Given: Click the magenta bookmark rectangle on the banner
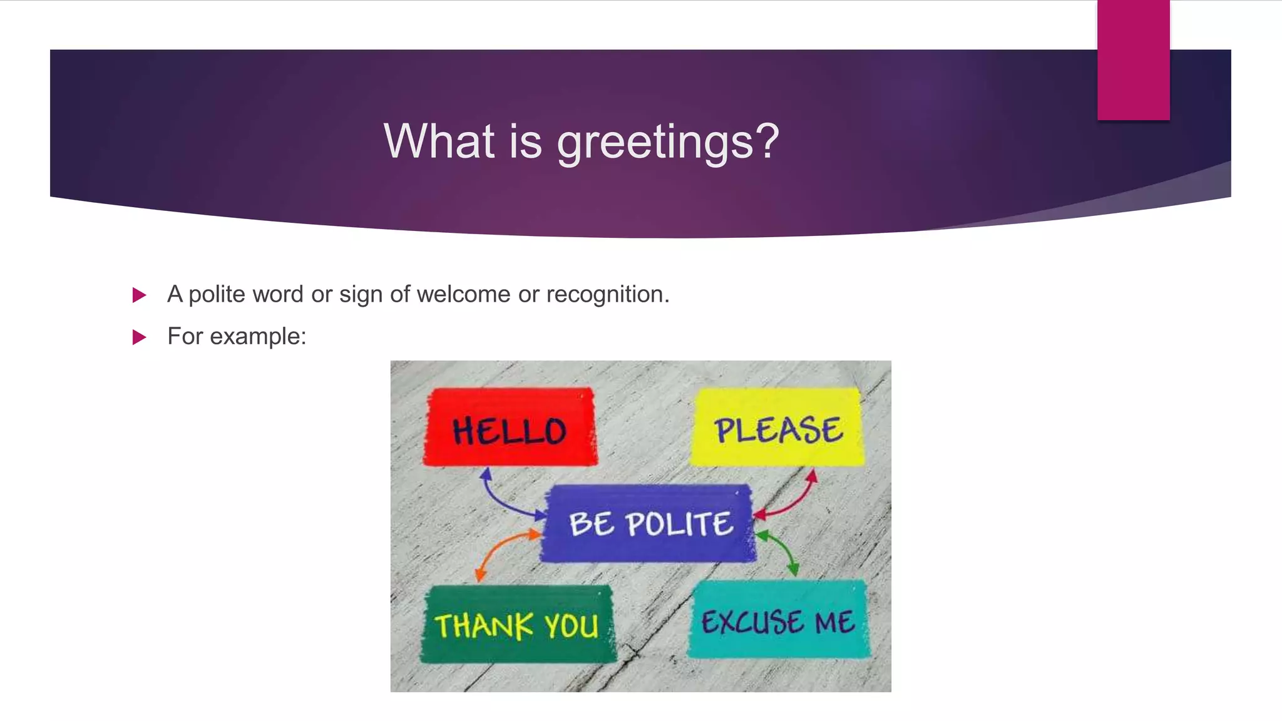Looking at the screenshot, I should coord(1133,60).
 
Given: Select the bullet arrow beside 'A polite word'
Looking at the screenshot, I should coord(139,295).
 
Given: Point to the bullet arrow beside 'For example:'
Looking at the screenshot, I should coord(139,337).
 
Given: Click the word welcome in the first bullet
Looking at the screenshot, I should coord(463,294).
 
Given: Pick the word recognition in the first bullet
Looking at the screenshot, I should coord(607,294).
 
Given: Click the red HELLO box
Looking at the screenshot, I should coord(510,427).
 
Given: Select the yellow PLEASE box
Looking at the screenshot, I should coord(777,427).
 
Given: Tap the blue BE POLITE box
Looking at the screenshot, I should coord(649,523).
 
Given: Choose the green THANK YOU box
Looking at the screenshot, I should coord(517,624).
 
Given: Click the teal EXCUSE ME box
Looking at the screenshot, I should coord(777,620).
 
